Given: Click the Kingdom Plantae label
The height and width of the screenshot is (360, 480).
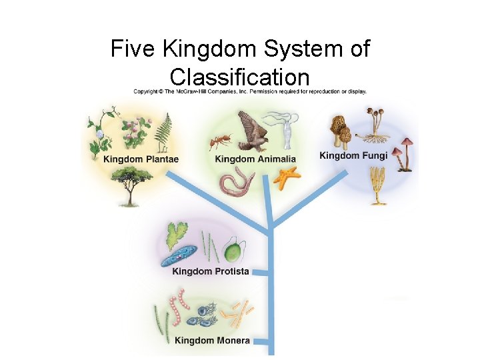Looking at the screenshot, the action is [141, 159].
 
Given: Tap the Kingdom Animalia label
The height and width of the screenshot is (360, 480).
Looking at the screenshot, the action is [255, 159].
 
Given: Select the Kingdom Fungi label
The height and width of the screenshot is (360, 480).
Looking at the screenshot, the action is [353, 156].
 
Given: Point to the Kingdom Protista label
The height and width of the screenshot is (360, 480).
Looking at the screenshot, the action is [210, 271].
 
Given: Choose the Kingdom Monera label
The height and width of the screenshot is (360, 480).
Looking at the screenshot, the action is [212, 341].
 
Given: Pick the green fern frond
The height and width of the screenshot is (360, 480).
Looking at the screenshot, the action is [163, 133].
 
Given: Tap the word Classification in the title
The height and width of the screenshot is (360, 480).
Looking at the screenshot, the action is [239, 75].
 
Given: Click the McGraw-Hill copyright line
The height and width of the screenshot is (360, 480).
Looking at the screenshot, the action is [249, 91].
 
